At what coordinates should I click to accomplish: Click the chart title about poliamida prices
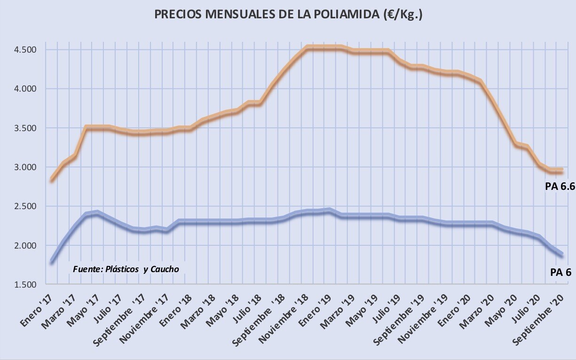pyautogui.click(x=288, y=15)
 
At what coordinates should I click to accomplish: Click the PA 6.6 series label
pyautogui.click(x=560, y=187)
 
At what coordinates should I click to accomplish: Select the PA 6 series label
pyautogui.click(x=560, y=272)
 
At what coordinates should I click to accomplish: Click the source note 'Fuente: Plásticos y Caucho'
pyautogui.click(x=126, y=269)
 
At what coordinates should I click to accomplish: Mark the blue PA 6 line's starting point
pyautogui.click(x=52, y=262)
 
